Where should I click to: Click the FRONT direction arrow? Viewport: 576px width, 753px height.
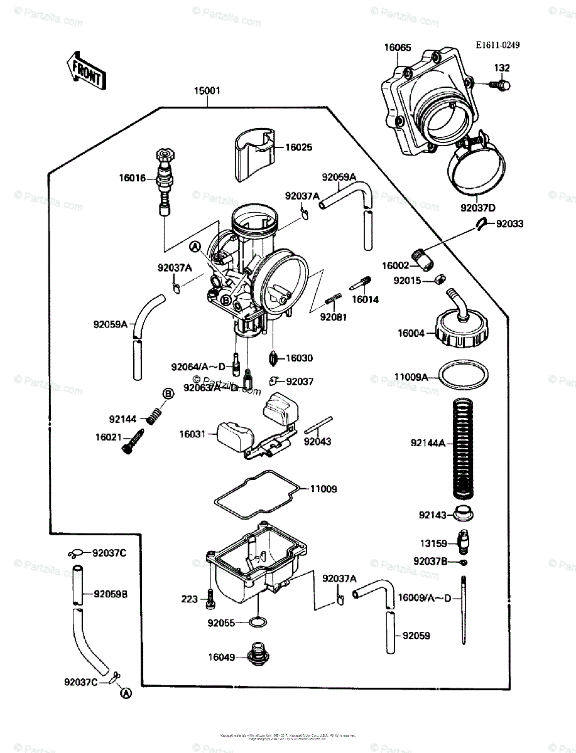(x=85, y=71)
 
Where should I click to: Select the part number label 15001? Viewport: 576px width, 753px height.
(x=206, y=91)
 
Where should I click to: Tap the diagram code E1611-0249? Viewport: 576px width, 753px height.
(x=499, y=45)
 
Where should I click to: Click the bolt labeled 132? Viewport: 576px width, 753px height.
(x=501, y=84)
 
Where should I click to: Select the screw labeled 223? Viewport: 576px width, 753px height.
(x=209, y=599)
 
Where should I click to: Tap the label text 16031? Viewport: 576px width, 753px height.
(x=193, y=434)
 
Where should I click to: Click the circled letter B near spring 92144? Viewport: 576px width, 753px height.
(x=168, y=393)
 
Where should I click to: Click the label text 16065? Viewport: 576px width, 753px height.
(x=399, y=46)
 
